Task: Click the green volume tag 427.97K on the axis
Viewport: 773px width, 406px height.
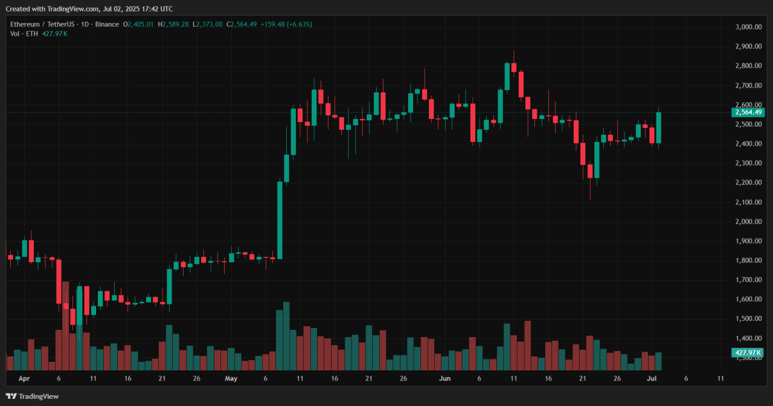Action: point(748,353)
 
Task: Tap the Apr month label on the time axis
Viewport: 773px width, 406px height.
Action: point(24,379)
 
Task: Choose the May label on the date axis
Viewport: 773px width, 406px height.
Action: point(231,379)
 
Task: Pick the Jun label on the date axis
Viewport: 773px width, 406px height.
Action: point(444,379)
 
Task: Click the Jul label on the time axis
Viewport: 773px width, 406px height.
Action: point(651,379)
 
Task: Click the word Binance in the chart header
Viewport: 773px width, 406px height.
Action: point(107,24)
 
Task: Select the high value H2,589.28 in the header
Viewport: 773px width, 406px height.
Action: point(173,24)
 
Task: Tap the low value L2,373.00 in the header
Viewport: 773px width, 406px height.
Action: point(207,24)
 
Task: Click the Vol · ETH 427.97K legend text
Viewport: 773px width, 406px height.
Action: point(39,33)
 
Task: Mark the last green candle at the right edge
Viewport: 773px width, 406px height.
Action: point(658,127)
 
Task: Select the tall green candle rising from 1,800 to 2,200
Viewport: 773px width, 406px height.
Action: point(280,220)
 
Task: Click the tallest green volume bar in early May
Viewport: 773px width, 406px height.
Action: point(286,336)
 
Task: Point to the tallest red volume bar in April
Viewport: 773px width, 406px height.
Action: point(65,326)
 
